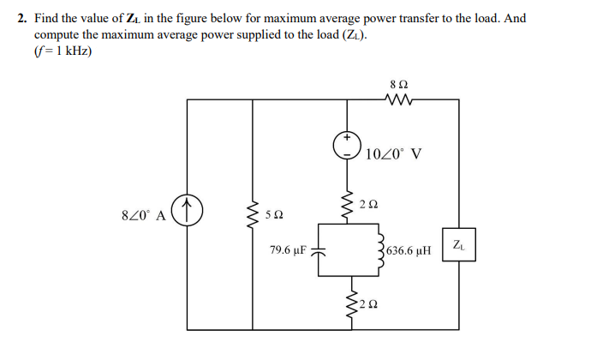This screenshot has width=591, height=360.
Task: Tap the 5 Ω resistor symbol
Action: tap(252, 211)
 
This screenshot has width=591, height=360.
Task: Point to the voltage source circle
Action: tap(348, 145)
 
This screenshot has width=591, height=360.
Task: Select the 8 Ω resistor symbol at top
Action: tap(397, 100)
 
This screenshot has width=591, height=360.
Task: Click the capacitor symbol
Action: tap(319, 251)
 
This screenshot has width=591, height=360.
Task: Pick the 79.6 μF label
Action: tap(287, 251)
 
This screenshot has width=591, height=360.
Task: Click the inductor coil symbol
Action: tap(378, 249)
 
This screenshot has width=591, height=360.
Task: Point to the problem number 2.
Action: tap(22, 17)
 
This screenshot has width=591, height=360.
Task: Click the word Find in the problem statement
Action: tap(48, 17)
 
